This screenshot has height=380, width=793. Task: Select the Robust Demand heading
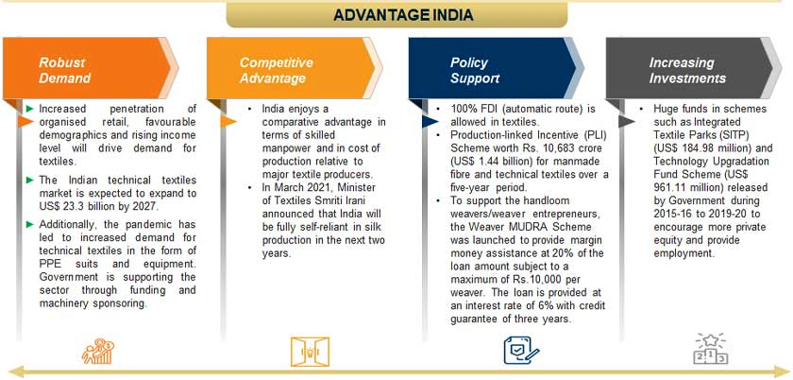point(65,71)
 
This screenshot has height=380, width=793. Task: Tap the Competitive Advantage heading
point(276,71)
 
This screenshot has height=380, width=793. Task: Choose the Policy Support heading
point(475,71)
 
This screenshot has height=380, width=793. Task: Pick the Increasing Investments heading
point(687,71)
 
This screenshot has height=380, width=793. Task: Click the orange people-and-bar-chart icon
point(97,351)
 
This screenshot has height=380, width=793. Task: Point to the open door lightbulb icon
point(310,351)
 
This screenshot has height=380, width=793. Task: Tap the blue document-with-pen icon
point(520,350)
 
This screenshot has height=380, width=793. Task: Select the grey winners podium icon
point(711,349)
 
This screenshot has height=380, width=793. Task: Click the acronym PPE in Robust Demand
point(49,264)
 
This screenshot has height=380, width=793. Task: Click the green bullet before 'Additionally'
point(30,224)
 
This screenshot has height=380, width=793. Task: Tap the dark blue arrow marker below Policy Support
point(430,121)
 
